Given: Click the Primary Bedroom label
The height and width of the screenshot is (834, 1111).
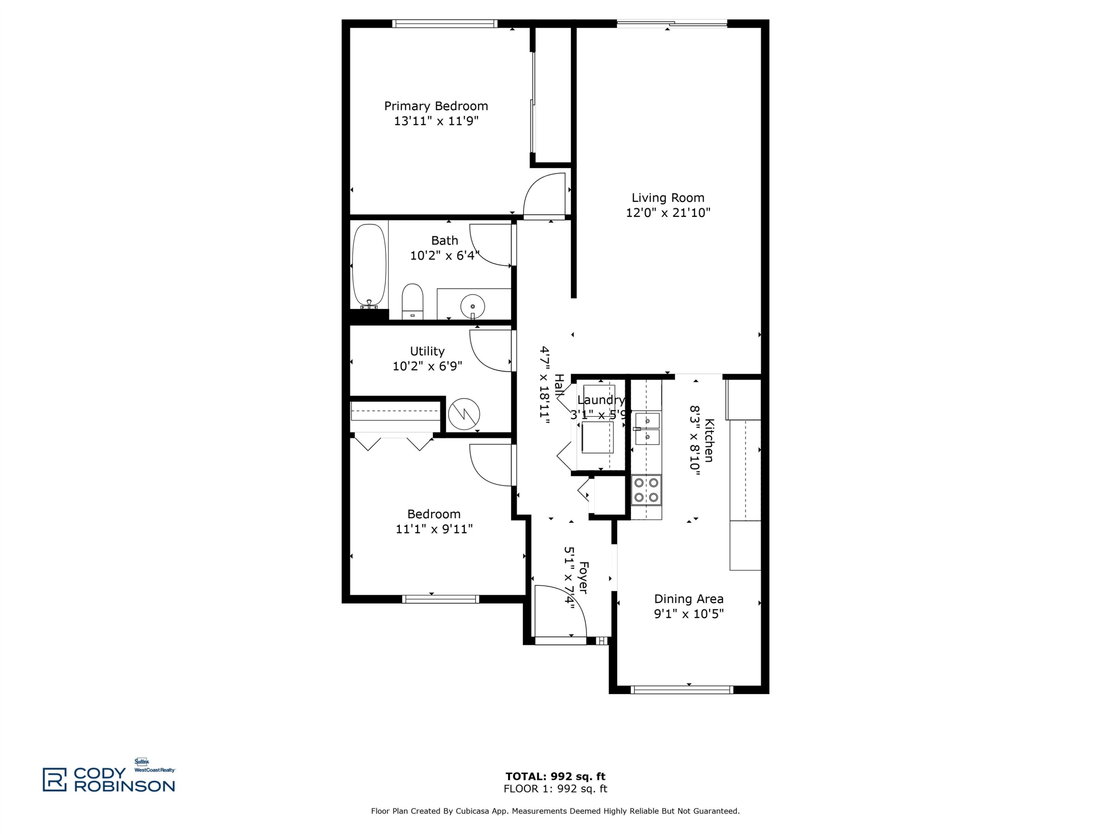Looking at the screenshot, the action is pyautogui.click(x=436, y=106).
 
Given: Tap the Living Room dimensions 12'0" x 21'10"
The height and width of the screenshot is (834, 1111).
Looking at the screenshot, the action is pyautogui.click(x=668, y=213).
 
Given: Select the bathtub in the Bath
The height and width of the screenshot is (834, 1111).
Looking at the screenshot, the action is pyautogui.click(x=369, y=267).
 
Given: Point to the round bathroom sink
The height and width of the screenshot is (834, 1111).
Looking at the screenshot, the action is pyautogui.click(x=473, y=305).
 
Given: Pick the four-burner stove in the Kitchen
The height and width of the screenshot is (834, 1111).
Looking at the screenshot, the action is pyautogui.click(x=646, y=490).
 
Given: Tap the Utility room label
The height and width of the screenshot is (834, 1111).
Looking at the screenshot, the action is pyautogui.click(x=427, y=351).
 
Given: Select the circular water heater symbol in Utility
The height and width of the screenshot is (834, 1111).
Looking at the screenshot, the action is pyautogui.click(x=464, y=414).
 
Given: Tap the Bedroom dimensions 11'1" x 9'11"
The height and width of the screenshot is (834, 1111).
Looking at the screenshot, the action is pyautogui.click(x=434, y=529).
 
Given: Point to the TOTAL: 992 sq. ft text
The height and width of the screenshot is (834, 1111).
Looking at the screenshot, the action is pyautogui.click(x=555, y=776).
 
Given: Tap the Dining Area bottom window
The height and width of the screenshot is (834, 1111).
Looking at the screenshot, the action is pyautogui.click(x=682, y=690).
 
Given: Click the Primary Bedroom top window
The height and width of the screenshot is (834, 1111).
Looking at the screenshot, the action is pyautogui.click(x=445, y=23).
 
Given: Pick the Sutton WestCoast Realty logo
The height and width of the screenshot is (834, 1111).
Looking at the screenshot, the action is pyautogui.click(x=155, y=765).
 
